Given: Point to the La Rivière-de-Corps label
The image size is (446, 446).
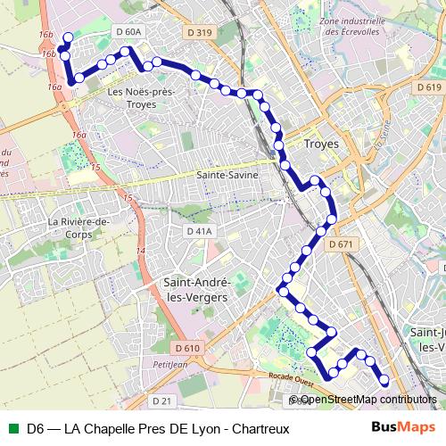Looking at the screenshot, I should tap(78, 228).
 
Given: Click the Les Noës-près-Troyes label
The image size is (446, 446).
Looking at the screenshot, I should tap(140, 97).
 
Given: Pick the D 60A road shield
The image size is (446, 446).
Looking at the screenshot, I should tap(128, 32).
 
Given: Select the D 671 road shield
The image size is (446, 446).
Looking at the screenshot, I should tap(342, 244).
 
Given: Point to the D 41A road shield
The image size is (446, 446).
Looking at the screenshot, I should tap(201, 232).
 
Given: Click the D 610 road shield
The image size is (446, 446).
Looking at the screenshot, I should tap(188, 348).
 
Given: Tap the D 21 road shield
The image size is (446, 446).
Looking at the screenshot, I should tap(161, 401).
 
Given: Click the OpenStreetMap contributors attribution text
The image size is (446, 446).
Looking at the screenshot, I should tap(368, 400).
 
